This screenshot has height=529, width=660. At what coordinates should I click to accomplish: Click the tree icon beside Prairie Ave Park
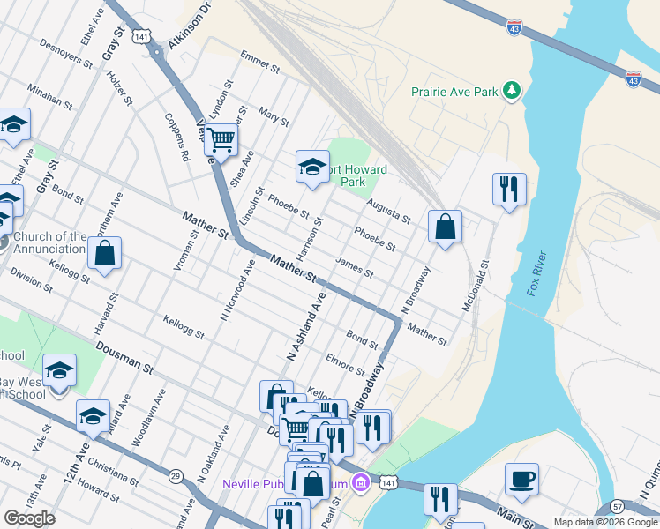pyautogui.click(x=511, y=91)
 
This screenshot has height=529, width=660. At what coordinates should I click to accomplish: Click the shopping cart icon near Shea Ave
pyautogui.click(x=221, y=138)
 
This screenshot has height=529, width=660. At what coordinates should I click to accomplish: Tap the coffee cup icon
pyautogui.click(x=521, y=479)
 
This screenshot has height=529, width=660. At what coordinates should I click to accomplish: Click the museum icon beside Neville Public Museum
pyautogui.click(x=359, y=483)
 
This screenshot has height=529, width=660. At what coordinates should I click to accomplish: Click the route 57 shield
pyautogui.click(x=618, y=507)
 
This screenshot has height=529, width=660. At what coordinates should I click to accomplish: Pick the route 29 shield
pyautogui.click(x=176, y=476)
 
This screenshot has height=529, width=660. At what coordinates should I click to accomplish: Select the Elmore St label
pyautogui.click(x=345, y=364)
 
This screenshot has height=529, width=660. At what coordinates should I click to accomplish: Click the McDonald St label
pyautogui.click(x=475, y=286)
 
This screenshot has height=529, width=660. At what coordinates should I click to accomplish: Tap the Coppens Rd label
pyautogui.click(x=176, y=138)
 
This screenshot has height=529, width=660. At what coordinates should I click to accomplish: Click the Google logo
pyautogui.click(x=29, y=518)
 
